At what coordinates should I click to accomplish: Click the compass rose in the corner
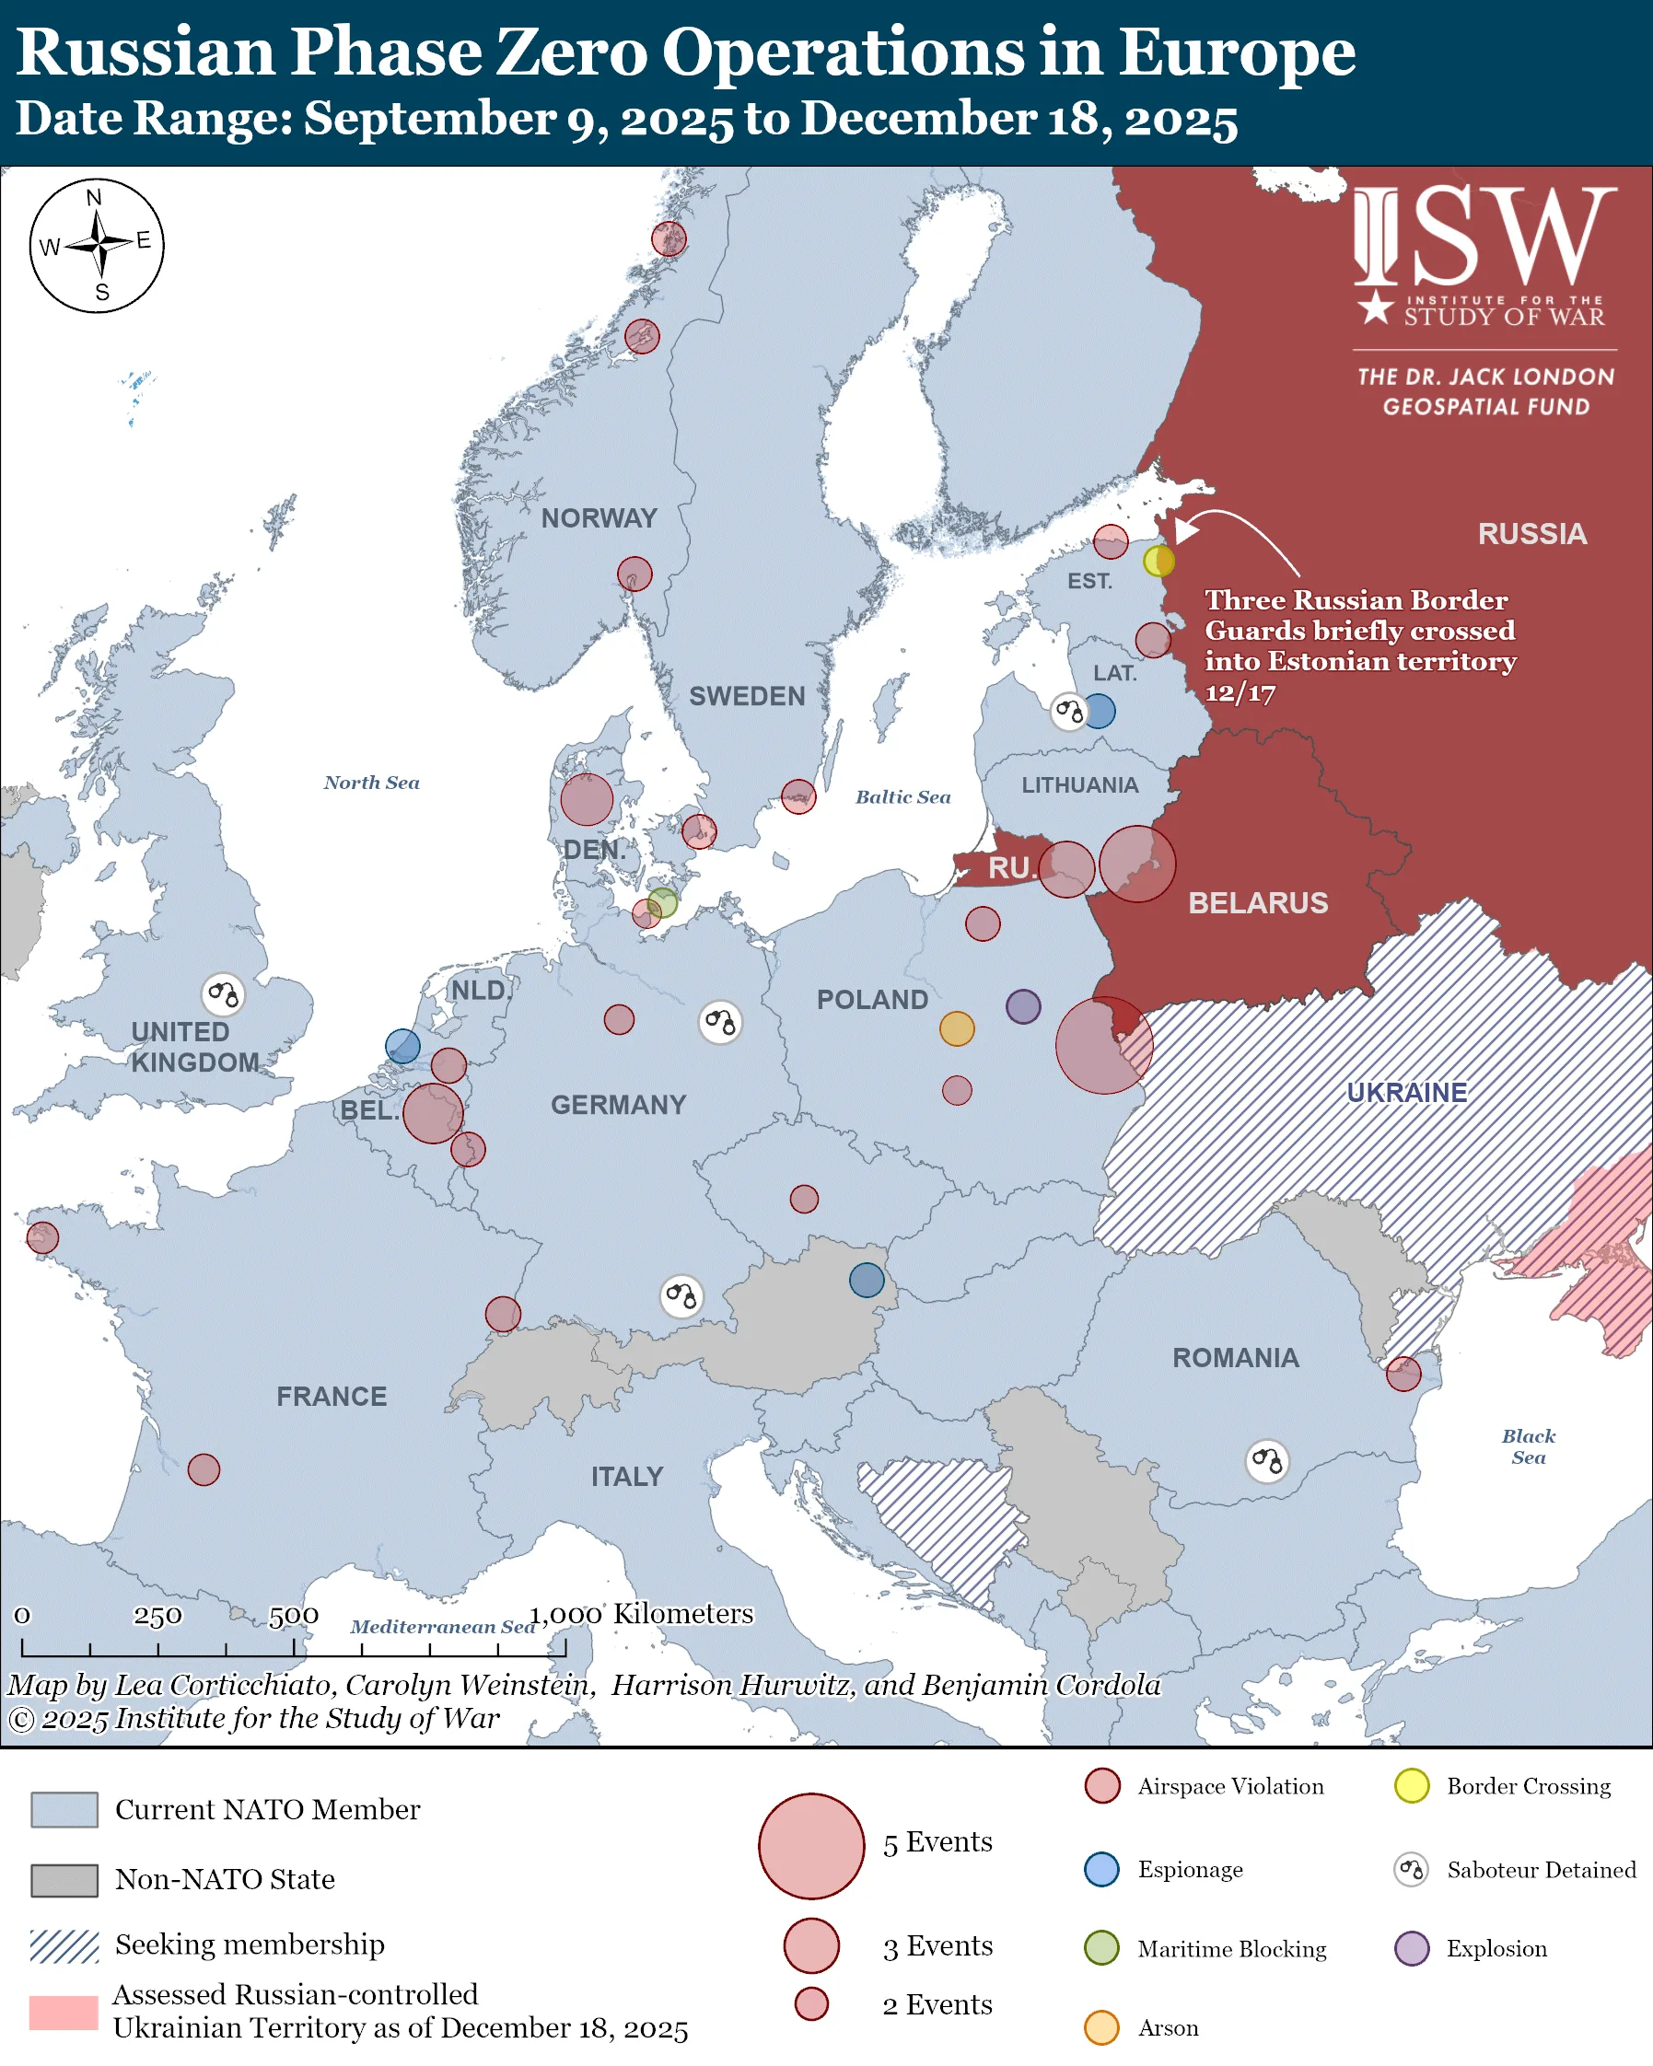97,245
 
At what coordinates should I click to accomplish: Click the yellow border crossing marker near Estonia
1158,561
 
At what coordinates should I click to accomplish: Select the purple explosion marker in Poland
1022,1006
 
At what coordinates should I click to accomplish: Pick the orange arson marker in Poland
956,1028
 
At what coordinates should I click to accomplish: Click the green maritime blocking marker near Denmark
662,902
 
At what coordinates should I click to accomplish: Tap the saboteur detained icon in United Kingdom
222,994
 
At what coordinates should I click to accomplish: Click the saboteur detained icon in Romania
1266,1461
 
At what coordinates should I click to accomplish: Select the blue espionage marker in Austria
867,1279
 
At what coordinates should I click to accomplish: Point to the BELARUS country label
1257,902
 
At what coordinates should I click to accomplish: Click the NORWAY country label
599,518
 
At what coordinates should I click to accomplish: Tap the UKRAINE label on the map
1406,1093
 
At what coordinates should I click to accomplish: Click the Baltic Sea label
902,797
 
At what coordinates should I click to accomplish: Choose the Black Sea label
1528,1446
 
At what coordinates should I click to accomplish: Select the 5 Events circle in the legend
810,1846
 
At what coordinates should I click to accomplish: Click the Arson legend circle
1101,2027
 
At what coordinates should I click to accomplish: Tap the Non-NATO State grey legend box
64,1880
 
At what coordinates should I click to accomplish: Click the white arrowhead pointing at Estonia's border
1185,530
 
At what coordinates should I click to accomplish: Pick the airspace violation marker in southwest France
204,1469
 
